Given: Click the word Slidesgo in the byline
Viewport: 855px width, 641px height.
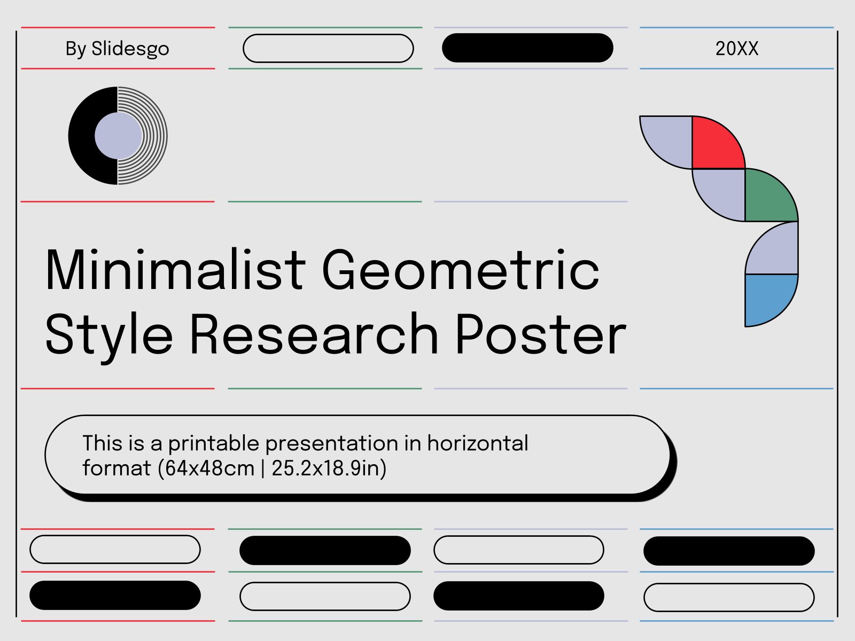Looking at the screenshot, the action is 130,49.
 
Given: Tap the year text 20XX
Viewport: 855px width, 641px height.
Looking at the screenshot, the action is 736,49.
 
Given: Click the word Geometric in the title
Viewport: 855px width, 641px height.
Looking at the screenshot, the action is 461,269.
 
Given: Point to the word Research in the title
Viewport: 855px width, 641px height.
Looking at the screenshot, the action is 314,334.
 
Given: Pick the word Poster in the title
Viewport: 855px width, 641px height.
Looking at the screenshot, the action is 541,334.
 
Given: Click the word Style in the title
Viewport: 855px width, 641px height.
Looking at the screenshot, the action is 109,337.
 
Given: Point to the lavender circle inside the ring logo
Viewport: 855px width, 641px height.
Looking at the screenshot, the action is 119,136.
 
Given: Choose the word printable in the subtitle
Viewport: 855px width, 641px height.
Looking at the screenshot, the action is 213,444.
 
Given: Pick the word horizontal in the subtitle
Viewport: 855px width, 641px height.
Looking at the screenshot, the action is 478,443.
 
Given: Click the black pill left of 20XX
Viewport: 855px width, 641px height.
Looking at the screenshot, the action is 527,48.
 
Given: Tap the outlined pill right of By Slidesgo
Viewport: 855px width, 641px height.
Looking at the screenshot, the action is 328,48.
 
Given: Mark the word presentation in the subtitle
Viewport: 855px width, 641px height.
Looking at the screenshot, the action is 331,444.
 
